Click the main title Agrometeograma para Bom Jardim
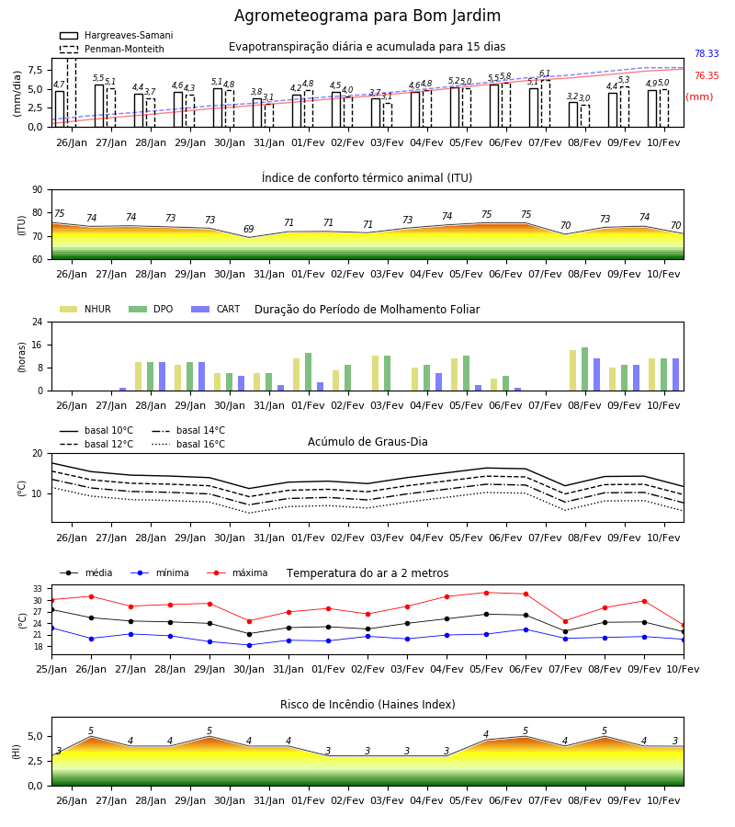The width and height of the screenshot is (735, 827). click(x=367, y=16)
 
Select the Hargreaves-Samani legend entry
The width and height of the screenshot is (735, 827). click(x=117, y=35)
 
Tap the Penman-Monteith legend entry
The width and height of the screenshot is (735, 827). click(x=112, y=49)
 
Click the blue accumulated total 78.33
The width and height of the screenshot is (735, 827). click(x=707, y=53)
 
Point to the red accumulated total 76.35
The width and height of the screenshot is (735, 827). click(x=707, y=75)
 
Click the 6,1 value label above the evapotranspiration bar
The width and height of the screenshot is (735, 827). click(x=545, y=74)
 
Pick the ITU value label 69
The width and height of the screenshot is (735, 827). click(x=248, y=229)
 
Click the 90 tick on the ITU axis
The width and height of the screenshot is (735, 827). click(x=38, y=190)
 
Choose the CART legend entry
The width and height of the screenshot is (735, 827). click(x=216, y=309)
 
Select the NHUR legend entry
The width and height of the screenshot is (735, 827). click(x=85, y=309)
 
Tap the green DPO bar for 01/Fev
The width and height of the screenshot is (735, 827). click(x=309, y=372)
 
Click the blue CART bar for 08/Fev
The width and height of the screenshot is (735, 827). click(x=597, y=375)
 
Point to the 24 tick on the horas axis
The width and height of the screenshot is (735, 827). click(x=38, y=322)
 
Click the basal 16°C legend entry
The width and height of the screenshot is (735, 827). click(x=188, y=444)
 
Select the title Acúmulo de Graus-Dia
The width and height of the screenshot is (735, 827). click(x=367, y=442)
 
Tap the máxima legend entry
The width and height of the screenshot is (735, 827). click(x=237, y=572)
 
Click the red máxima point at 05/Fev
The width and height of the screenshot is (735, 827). click(x=486, y=593)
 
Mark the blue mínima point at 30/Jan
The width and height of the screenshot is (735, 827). click(x=249, y=645)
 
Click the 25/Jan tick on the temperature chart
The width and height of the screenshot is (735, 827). click(x=51, y=669)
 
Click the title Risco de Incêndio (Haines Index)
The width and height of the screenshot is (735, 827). click(x=367, y=705)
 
